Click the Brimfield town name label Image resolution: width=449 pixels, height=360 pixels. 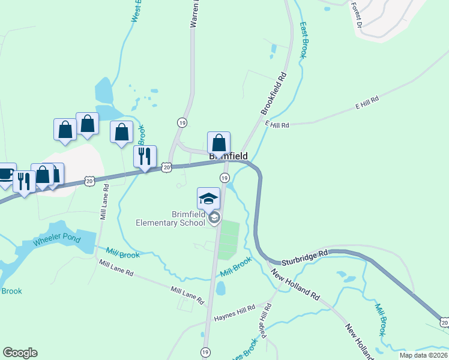click(x=228, y=156)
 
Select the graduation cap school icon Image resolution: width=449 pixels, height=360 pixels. click(x=208, y=199)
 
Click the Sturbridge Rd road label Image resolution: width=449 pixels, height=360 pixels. click(x=306, y=254)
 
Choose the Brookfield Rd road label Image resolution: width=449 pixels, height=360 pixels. click(x=274, y=94)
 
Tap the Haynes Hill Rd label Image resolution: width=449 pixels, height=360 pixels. click(x=234, y=310)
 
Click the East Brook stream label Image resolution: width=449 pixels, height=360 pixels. click(x=303, y=40)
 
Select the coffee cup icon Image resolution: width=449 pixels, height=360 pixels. click(x=6, y=174)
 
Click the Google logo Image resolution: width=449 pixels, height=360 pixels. click(x=20, y=353)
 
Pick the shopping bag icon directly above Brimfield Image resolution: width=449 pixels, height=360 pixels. click(x=219, y=143)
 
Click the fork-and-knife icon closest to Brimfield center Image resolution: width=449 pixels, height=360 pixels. click(x=145, y=157)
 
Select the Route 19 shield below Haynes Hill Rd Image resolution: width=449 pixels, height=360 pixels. click(x=205, y=352)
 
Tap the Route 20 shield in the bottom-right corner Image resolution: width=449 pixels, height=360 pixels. click(x=444, y=323)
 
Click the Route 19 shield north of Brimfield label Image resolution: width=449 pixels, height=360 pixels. click(x=181, y=122)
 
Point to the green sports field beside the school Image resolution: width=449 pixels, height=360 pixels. click(x=228, y=240)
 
